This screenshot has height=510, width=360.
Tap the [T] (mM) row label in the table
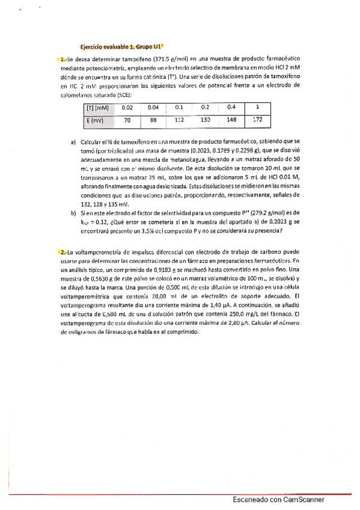click(x=96, y=108)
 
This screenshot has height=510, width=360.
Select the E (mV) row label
click(x=93, y=120)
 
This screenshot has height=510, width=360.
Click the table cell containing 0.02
click(x=127, y=108)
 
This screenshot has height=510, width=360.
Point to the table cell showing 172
click(x=257, y=120)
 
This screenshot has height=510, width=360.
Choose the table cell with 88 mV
click(x=153, y=120)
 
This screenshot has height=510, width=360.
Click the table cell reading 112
click(x=178, y=120)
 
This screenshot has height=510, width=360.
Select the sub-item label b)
click(x=73, y=213)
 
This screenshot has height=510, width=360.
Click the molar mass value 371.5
click(x=149, y=60)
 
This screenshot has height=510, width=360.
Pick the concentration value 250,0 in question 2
click(x=240, y=315)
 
